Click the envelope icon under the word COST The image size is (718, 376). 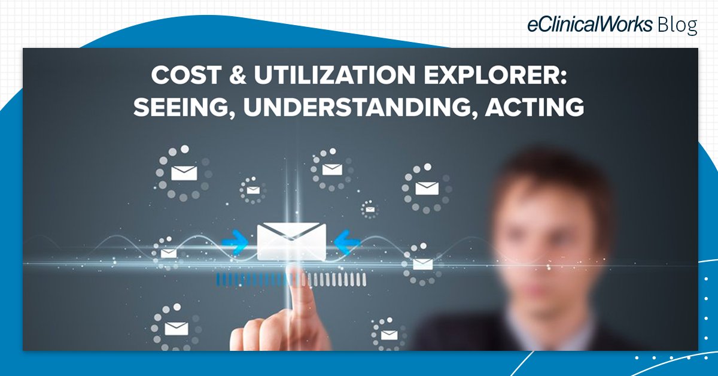tap(184, 172)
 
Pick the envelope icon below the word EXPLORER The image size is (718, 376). tap(427, 188)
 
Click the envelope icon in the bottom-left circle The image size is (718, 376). tap(176, 328)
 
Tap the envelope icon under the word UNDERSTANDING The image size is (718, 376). tap(331, 169)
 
